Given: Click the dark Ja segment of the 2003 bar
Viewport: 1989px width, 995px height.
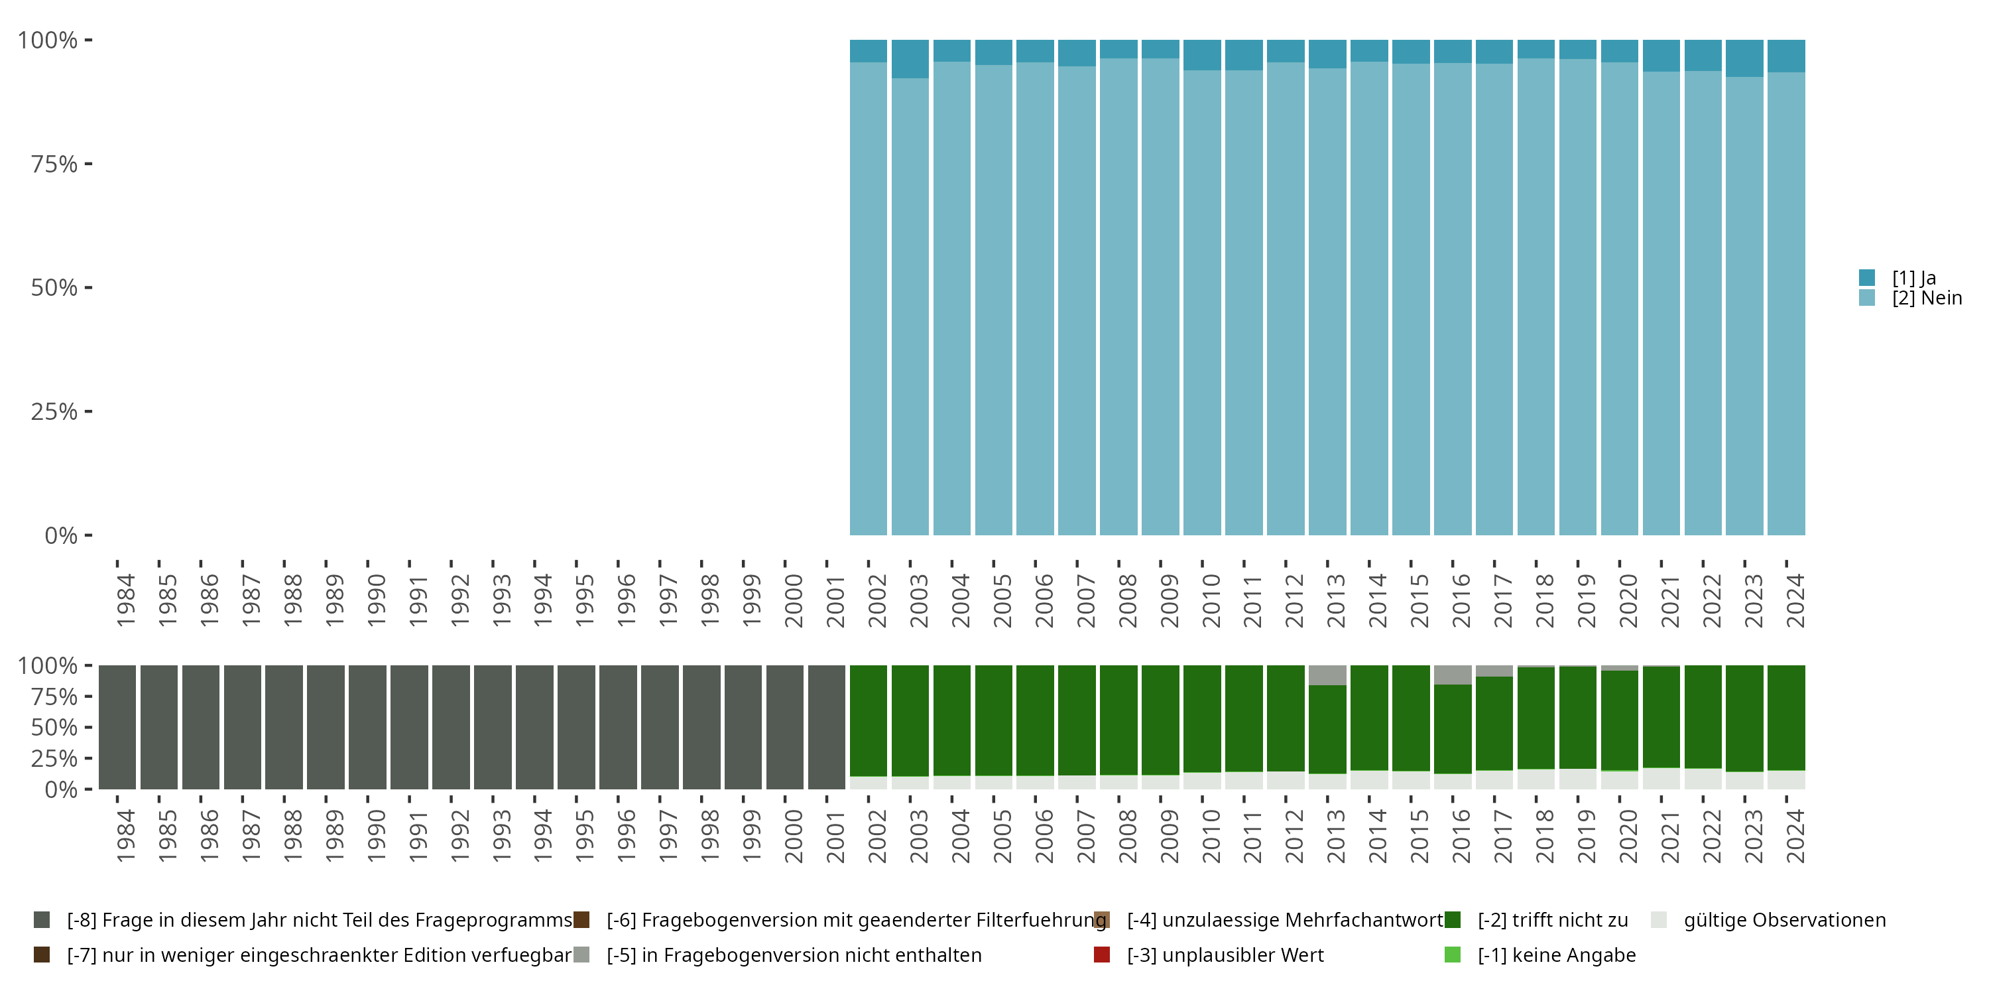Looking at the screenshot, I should pyautogui.click(x=910, y=59).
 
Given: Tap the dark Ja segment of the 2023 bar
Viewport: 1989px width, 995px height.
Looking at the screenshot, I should pyautogui.click(x=1744, y=58).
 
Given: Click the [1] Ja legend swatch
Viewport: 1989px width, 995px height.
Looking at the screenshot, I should pyautogui.click(x=1867, y=277).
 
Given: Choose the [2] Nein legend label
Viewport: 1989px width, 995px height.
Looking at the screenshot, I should pyautogui.click(x=1927, y=298).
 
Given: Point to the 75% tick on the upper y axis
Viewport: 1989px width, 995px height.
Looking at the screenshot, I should pyautogui.click(x=88, y=164).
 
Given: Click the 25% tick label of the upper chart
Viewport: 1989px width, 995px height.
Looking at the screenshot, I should pyautogui.click(x=54, y=412).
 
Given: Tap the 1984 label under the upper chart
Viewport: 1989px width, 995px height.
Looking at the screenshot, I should pyautogui.click(x=126, y=600).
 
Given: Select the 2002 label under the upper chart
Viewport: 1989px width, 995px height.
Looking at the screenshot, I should pyautogui.click(x=877, y=600).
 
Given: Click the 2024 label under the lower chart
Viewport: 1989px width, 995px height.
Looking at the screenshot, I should pyautogui.click(x=1795, y=836).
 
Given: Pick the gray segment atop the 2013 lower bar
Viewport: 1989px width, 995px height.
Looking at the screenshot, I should pyautogui.click(x=1327, y=675).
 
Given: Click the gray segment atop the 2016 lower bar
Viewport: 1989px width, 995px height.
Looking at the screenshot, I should pyautogui.click(x=1453, y=675).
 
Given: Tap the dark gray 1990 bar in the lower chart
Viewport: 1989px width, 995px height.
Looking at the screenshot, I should pyautogui.click(x=367, y=726).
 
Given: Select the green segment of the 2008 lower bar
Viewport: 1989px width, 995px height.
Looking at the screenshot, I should pyautogui.click(x=1118, y=718).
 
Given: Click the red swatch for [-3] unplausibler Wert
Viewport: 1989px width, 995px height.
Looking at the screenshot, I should pyautogui.click(x=1102, y=955).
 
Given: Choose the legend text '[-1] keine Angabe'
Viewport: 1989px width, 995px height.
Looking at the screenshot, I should pyautogui.click(x=1557, y=955).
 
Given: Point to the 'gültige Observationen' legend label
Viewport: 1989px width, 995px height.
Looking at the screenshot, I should pyautogui.click(x=1784, y=920).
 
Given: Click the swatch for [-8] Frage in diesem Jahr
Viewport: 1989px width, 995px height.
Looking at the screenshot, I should pyautogui.click(x=42, y=920).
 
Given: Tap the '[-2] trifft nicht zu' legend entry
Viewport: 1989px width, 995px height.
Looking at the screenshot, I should pyautogui.click(x=1552, y=920).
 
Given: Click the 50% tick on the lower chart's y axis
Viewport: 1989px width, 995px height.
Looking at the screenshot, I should pyautogui.click(x=88, y=727).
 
